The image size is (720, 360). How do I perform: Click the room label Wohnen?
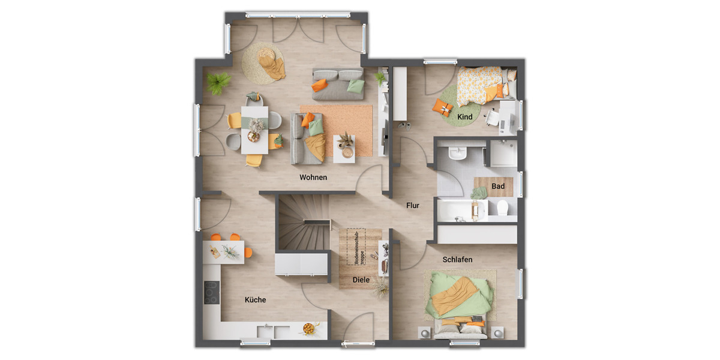pos(313,177)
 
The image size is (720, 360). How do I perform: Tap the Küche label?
pos(255,299)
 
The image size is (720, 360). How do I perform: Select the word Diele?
pos(361,279)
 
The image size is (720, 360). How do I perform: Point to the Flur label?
pos(413,205)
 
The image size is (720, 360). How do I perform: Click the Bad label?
pos(498,186)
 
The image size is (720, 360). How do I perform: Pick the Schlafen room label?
pos(457,260)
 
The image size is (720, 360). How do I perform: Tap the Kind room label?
pos(465,116)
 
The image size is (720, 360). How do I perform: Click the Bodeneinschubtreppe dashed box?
pos(359,247)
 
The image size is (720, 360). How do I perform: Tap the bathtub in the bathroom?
pos(462,211)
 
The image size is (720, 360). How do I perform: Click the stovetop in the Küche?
pos(212,292)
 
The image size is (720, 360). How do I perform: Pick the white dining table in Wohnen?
pos(255,129)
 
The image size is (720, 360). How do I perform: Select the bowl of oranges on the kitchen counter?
pos(309,328)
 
